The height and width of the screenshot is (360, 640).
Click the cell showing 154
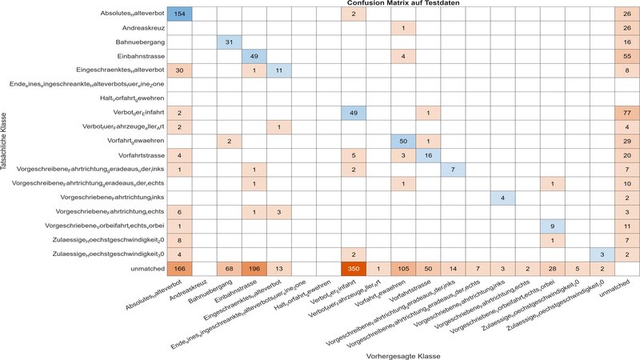(x=180, y=14)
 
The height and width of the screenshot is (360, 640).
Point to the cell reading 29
(x=626, y=142)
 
